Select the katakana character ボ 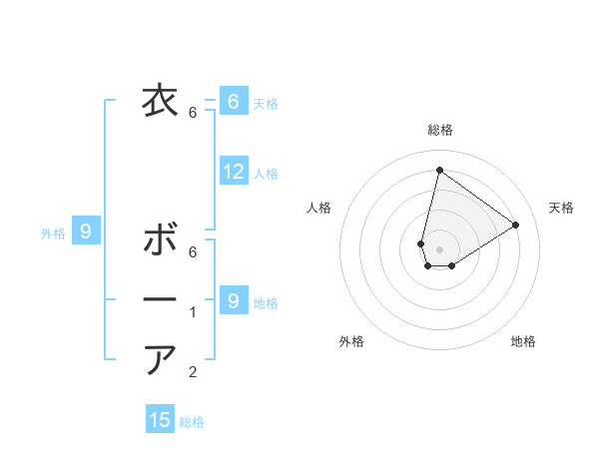[x=160, y=240]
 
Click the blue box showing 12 [x=233, y=172]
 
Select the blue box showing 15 [x=160, y=420]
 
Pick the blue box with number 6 [x=233, y=101]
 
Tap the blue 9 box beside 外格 [x=86, y=233]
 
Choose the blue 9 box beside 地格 [x=233, y=299]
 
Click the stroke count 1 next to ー [x=194, y=312]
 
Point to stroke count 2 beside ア [x=194, y=372]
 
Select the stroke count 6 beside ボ [x=194, y=252]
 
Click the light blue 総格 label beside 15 [x=192, y=422]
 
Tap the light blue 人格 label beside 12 [x=266, y=174]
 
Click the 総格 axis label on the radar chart [x=439, y=130]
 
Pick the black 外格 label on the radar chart [x=351, y=341]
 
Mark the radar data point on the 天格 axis [x=516, y=225]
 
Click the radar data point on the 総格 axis [x=439, y=170]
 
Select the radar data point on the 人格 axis [x=421, y=243]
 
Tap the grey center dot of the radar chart [x=439, y=249]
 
